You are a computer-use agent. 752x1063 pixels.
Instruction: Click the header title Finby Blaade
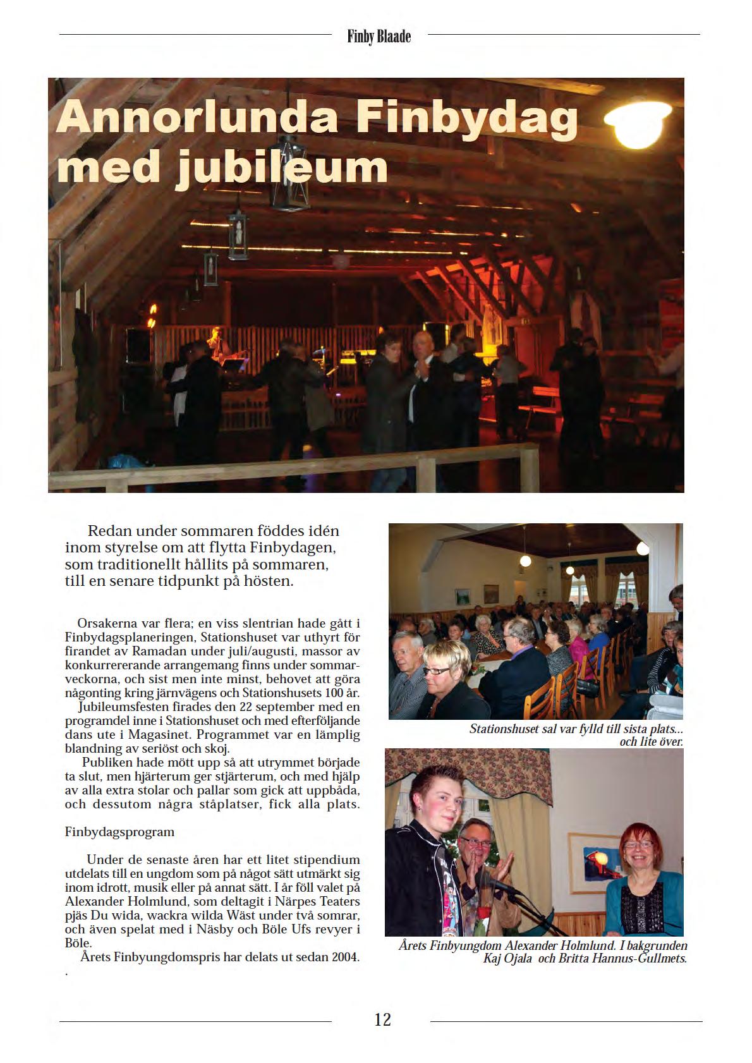click(379, 37)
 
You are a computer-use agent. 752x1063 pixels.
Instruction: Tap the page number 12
click(382, 1019)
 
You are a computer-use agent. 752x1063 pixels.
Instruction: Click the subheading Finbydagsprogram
click(119, 832)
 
